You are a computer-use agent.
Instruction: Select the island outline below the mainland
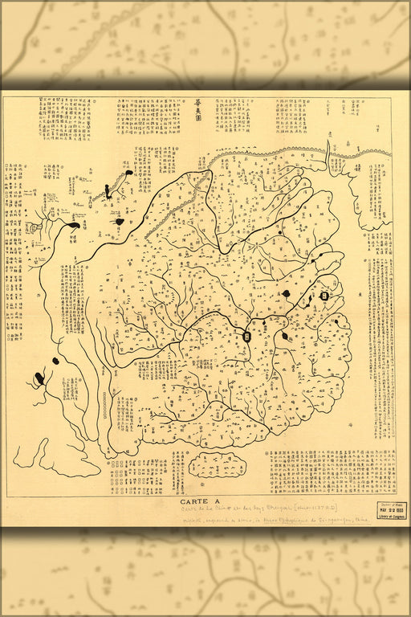216,464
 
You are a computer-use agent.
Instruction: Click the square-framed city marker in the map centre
248,337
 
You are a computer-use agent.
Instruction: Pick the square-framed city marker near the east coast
324,296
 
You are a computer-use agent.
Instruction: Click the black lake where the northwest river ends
73,226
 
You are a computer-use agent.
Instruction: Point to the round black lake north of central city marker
286,295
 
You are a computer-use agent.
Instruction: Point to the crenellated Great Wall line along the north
265,152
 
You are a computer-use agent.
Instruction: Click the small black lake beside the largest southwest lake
56,361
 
